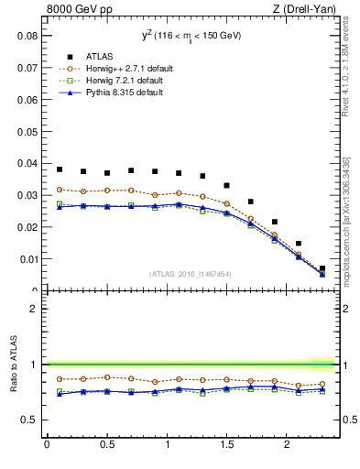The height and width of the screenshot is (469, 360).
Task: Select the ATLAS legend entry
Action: tap(91, 57)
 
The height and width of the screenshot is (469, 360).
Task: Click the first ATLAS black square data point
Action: tap(60, 169)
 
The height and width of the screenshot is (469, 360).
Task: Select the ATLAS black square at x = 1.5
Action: tap(227, 185)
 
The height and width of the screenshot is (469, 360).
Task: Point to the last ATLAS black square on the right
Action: tap(322, 268)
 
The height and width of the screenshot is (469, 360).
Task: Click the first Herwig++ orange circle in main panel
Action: tap(60, 190)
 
